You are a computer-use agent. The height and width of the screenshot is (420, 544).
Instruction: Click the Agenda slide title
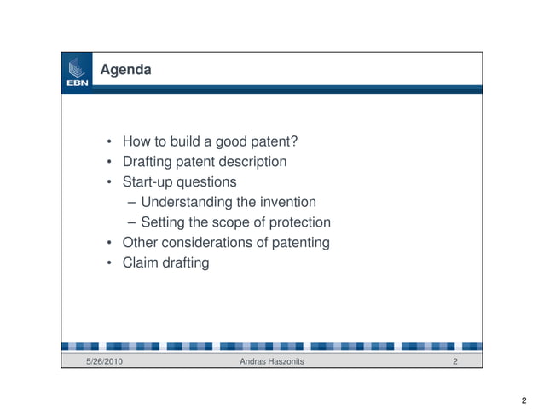tap(126, 70)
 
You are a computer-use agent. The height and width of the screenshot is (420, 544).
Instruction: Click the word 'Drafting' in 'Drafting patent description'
tap(148, 162)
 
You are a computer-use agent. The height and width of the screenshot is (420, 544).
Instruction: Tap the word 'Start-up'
tap(148, 182)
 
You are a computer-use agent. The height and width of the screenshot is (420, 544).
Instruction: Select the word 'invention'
tap(286, 202)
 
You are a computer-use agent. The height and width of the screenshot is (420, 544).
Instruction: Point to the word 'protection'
tap(298, 222)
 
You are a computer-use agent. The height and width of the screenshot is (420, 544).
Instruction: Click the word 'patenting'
tap(301, 243)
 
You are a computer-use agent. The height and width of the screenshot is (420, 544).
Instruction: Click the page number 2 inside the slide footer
tap(456, 363)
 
